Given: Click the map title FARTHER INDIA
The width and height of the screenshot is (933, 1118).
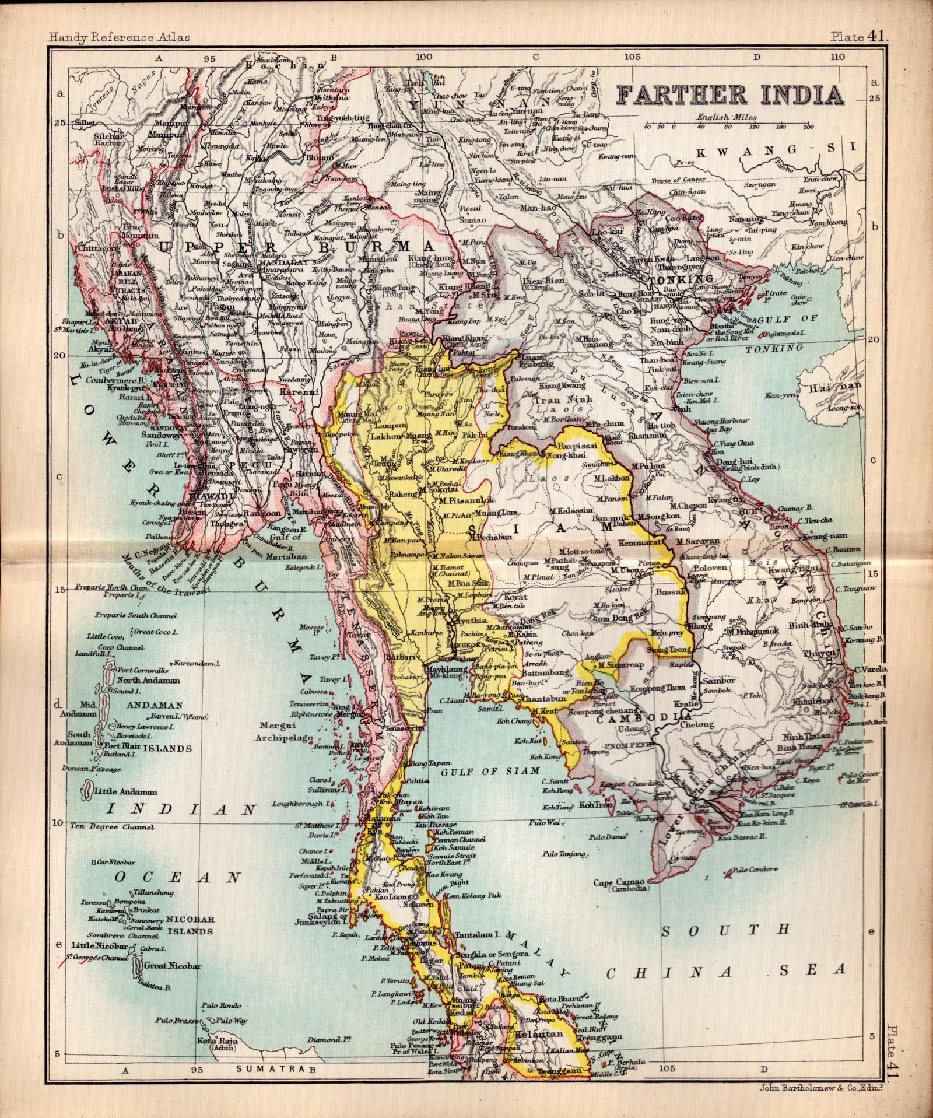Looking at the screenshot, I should click(730, 94).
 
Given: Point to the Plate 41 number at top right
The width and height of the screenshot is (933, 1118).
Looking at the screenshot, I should click(859, 37).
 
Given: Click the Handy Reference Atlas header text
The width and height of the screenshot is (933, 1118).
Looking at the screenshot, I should click(119, 37).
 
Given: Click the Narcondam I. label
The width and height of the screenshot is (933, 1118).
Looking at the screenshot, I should click(195, 663).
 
